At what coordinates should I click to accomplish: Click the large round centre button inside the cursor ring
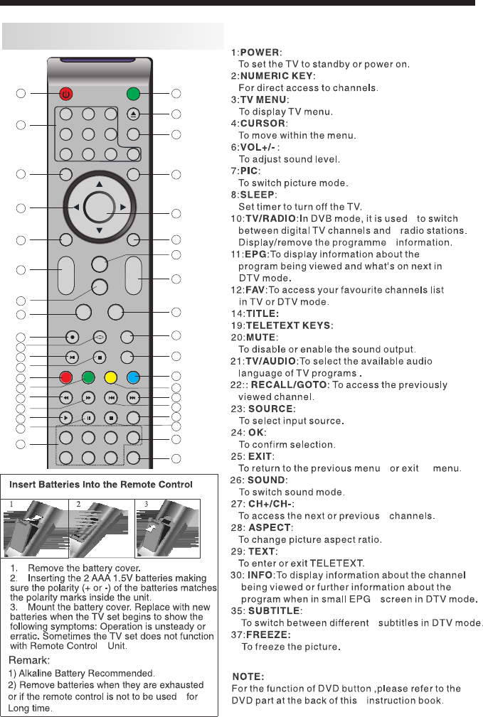click(99, 207)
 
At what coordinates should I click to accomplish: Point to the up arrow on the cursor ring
click(99, 183)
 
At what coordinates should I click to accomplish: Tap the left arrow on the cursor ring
click(75, 207)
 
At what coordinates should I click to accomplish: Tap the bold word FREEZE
click(268, 634)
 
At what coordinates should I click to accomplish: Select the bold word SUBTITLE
click(274, 610)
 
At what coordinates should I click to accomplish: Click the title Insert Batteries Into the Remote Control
click(101, 485)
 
